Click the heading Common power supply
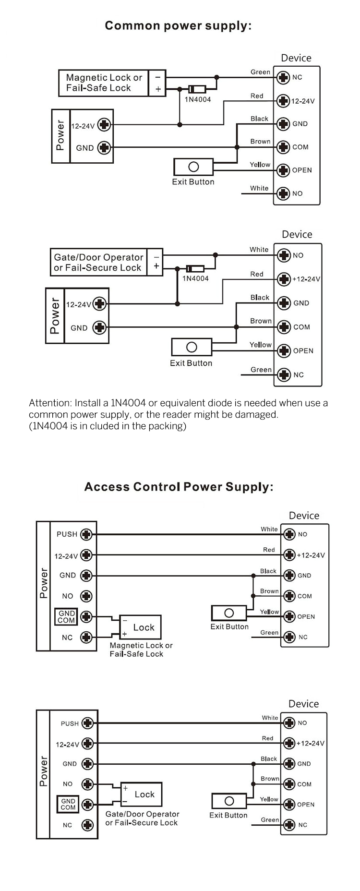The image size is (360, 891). pyautogui.click(x=178, y=26)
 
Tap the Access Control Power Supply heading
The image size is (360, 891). pyautogui.click(x=179, y=487)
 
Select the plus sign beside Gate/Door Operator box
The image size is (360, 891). pyautogui.click(x=156, y=266)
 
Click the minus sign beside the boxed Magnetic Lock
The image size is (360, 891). pyautogui.click(x=158, y=77)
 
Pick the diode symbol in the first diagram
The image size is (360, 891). pyautogui.click(x=197, y=89)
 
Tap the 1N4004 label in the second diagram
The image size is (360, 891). pyautogui.click(x=195, y=278)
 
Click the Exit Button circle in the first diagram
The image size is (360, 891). pyautogui.click(x=193, y=167)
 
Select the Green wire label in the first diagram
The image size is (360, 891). pyautogui.click(x=260, y=72)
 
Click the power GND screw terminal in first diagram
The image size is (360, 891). pyautogui.click(x=104, y=147)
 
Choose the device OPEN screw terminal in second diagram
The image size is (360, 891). pyautogui.click(x=284, y=350)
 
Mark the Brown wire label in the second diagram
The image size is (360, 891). pyautogui.click(x=261, y=321)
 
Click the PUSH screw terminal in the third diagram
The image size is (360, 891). pyautogui.click(x=86, y=534)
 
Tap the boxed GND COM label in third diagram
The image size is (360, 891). pyautogui.click(x=66, y=617)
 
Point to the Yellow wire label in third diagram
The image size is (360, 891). pyautogui.click(x=269, y=612)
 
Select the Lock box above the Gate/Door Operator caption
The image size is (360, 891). pyautogui.click(x=141, y=795)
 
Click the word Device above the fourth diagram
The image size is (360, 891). pyautogui.click(x=303, y=704)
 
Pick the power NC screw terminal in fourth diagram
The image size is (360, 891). pyautogui.click(x=87, y=825)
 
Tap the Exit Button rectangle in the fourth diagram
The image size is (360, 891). pyautogui.click(x=229, y=801)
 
